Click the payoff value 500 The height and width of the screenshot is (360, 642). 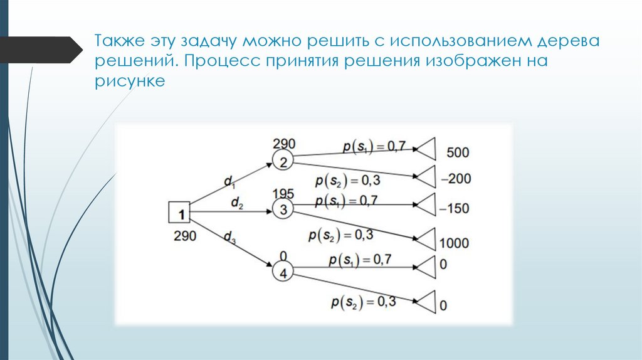(x=458, y=152)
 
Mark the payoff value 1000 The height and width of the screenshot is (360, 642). (x=455, y=243)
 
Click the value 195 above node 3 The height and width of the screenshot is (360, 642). (x=283, y=194)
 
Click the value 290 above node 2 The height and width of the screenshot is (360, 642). (x=283, y=144)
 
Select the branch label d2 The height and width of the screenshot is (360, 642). (x=237, y=203)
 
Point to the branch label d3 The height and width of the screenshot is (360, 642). (x=231, y=237)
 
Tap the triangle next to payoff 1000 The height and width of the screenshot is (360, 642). (x=426, y=240)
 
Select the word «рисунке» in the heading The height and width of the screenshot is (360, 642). (x=130, y=82)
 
